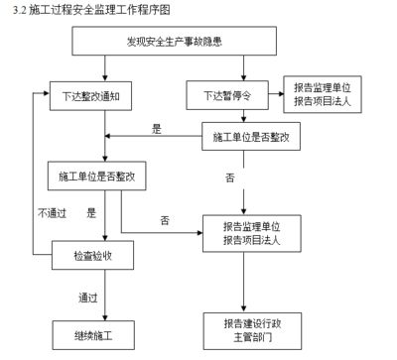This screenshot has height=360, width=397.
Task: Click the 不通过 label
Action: (x=52, y=212)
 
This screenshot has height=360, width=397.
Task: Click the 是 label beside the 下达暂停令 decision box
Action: (x=156, y=129)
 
